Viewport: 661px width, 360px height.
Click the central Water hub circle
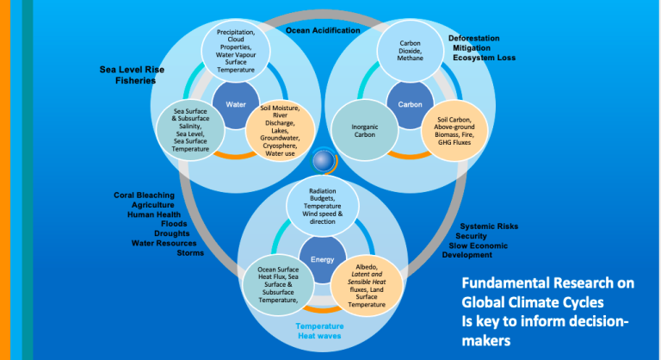click(236, 104)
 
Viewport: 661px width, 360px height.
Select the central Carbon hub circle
click(410, 104)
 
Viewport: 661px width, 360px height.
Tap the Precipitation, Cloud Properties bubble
click(236, 50)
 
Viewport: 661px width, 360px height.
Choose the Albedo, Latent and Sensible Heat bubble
click(365, 286)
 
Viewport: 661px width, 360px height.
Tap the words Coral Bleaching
click(144, 195)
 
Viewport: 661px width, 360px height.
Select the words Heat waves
click(321, 338)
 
